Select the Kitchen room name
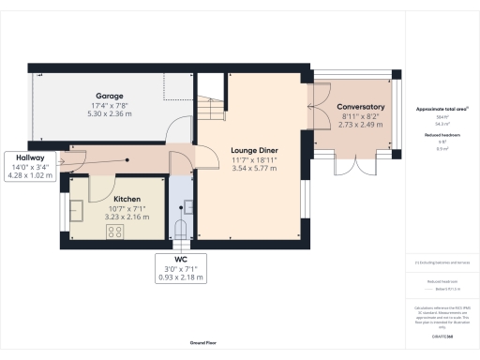click(x=127, y=200)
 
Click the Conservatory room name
click(x=361, y=107)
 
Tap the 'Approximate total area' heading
click(x=436, y=109)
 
